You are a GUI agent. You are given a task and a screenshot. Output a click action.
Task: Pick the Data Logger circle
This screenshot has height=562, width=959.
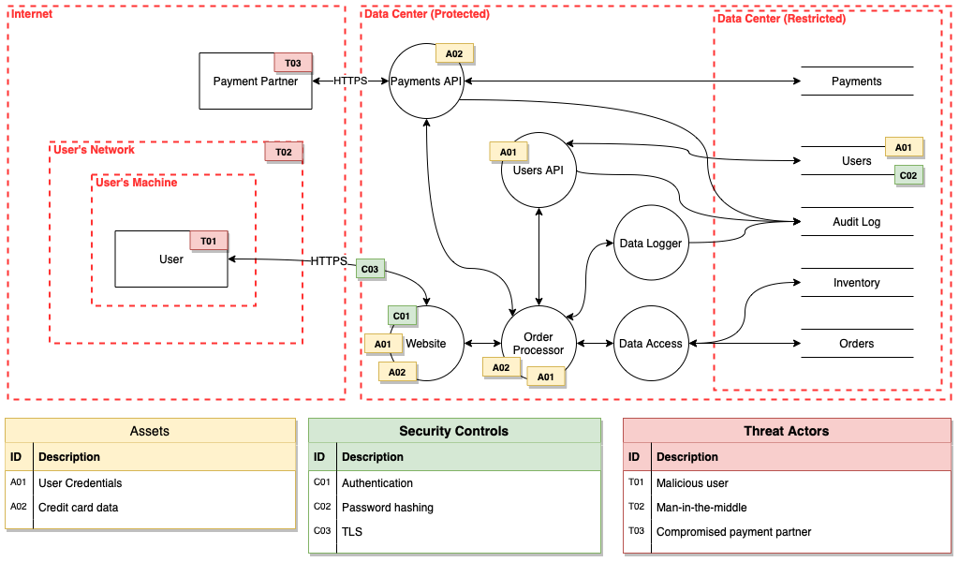[x=651, y=244]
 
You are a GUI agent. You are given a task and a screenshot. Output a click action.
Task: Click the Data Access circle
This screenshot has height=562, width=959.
[x=651, y=344]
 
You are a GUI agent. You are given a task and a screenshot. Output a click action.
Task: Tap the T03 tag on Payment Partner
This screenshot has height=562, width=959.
[x=293, y=63]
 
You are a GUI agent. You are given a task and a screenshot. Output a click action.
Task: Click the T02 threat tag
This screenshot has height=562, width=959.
[x=284, y=152]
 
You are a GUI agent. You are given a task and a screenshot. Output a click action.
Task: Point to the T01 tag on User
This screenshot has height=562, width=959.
[x=209, y=241]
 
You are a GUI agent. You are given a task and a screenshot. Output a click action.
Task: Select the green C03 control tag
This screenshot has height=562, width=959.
[x=370, y=269]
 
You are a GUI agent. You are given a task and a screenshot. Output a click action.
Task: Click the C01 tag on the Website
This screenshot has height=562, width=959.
[x=402, y=316]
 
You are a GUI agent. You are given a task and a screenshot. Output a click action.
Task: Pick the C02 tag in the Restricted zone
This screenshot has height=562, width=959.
[x=908, y=175]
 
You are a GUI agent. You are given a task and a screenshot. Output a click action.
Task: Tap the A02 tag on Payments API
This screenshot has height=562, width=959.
[x=454, y=53]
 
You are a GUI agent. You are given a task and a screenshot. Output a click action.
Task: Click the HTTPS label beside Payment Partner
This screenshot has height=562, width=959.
[x=350, y=81]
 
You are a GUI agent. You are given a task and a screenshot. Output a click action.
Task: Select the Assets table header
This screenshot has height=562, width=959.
[x=150, y=431]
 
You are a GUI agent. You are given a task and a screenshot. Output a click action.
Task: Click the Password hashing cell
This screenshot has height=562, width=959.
[x=388, y=508]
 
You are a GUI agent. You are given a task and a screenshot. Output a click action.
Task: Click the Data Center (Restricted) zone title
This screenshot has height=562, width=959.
[x=781, y=19]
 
